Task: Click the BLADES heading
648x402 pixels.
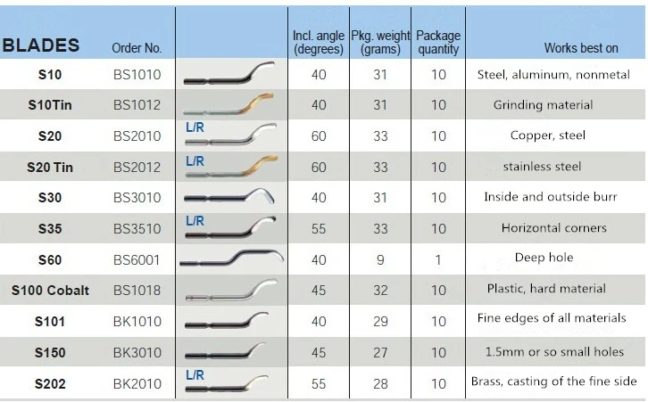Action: (x=42, y=45)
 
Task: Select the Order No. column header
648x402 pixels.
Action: (x=137, y=48)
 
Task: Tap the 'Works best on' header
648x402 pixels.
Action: (x=581, y=48)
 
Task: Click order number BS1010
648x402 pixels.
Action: (x=137, y=75)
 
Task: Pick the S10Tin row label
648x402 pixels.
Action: (x=50, y=105)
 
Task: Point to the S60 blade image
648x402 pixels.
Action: (x=231, y=259)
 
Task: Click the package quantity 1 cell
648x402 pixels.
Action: (x=438, y=259)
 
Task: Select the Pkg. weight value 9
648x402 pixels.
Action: (x=380, y=259)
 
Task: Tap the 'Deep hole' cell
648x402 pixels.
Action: (x=544, y=258)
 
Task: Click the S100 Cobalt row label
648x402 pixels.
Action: (x=50, y=291)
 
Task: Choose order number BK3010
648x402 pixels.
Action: (x=137, y=352)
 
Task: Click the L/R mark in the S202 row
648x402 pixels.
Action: (x=195, y=375)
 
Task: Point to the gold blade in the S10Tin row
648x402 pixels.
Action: (x=233, y=104)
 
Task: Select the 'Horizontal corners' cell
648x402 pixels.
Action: (x=554, y=228)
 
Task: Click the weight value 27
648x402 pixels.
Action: (x=380, y=352)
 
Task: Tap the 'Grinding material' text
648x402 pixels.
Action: (x=543, y=105)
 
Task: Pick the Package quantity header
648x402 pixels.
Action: (x=438, y=42)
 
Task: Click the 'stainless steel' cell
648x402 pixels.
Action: (x=542, y=166)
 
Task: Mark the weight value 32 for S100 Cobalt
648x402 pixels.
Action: (x=380, y=291)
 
